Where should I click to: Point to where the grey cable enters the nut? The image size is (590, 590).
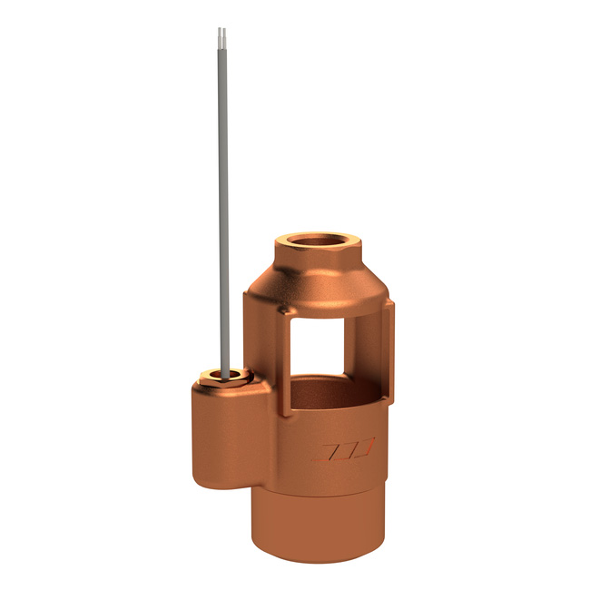coord(224,370)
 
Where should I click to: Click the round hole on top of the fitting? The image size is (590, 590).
coord(313,242)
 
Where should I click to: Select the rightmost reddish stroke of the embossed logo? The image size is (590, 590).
coord(368,449)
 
